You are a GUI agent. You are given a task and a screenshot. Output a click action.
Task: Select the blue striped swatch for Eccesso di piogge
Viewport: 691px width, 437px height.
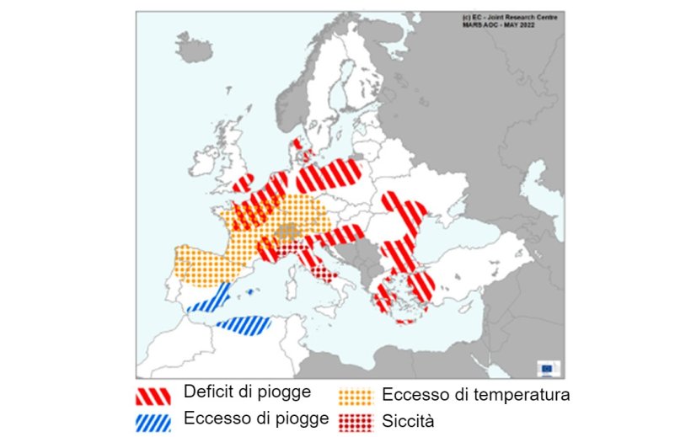[x=154, y=418]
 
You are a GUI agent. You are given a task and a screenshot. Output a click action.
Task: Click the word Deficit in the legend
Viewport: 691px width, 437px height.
[x=206, y=392]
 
